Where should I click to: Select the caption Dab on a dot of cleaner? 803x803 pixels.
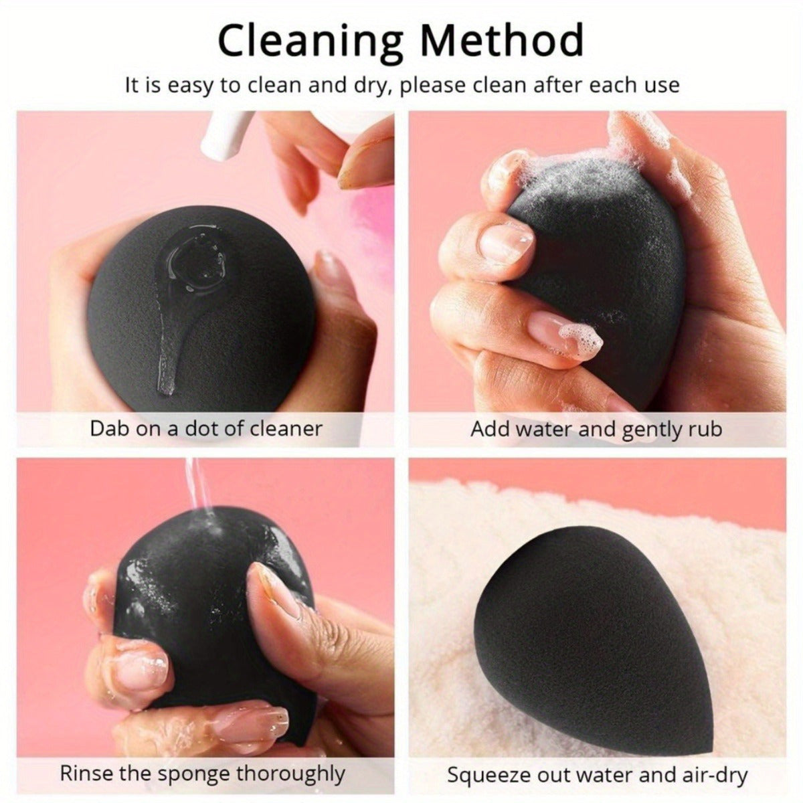click(x=206, y=428)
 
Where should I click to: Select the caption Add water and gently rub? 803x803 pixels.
click(x=596, y=428)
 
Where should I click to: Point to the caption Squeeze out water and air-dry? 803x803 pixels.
click(x=597, y=775)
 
